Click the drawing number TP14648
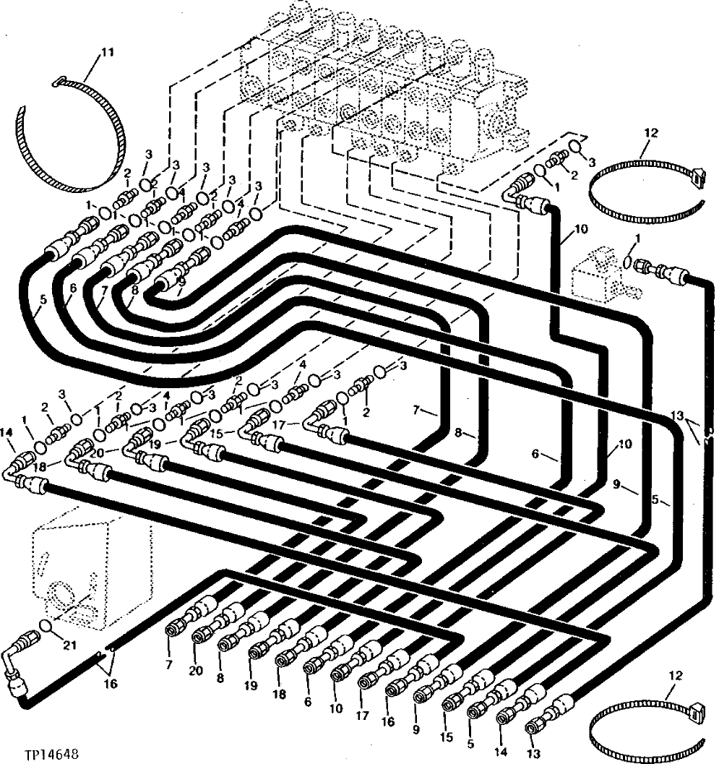(43, 752)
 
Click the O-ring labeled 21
(46, 624)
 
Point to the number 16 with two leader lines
(111, 682)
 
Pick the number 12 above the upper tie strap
(650, 133)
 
